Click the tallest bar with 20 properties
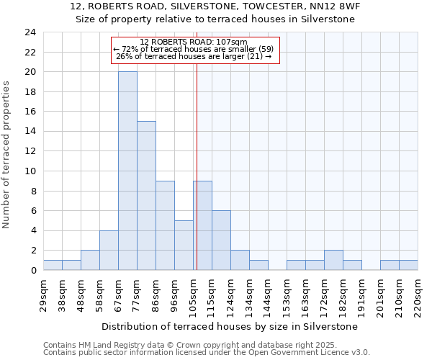[x=127, y=171]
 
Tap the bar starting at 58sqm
[x=109, y=250]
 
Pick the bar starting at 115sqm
[x=221, y=240]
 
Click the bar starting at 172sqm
[x=333, y=260]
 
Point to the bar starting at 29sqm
[x=53, y=265]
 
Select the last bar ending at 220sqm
[x=408, y=265]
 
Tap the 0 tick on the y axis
[x=33, y=270]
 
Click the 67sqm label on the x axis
[x=119, y=293]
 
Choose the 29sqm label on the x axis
[x=44, y=293]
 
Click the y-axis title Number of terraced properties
[x=7, y=155]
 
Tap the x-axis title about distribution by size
[x=230, y=326]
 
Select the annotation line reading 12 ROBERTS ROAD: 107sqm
[x=194, y=42]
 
